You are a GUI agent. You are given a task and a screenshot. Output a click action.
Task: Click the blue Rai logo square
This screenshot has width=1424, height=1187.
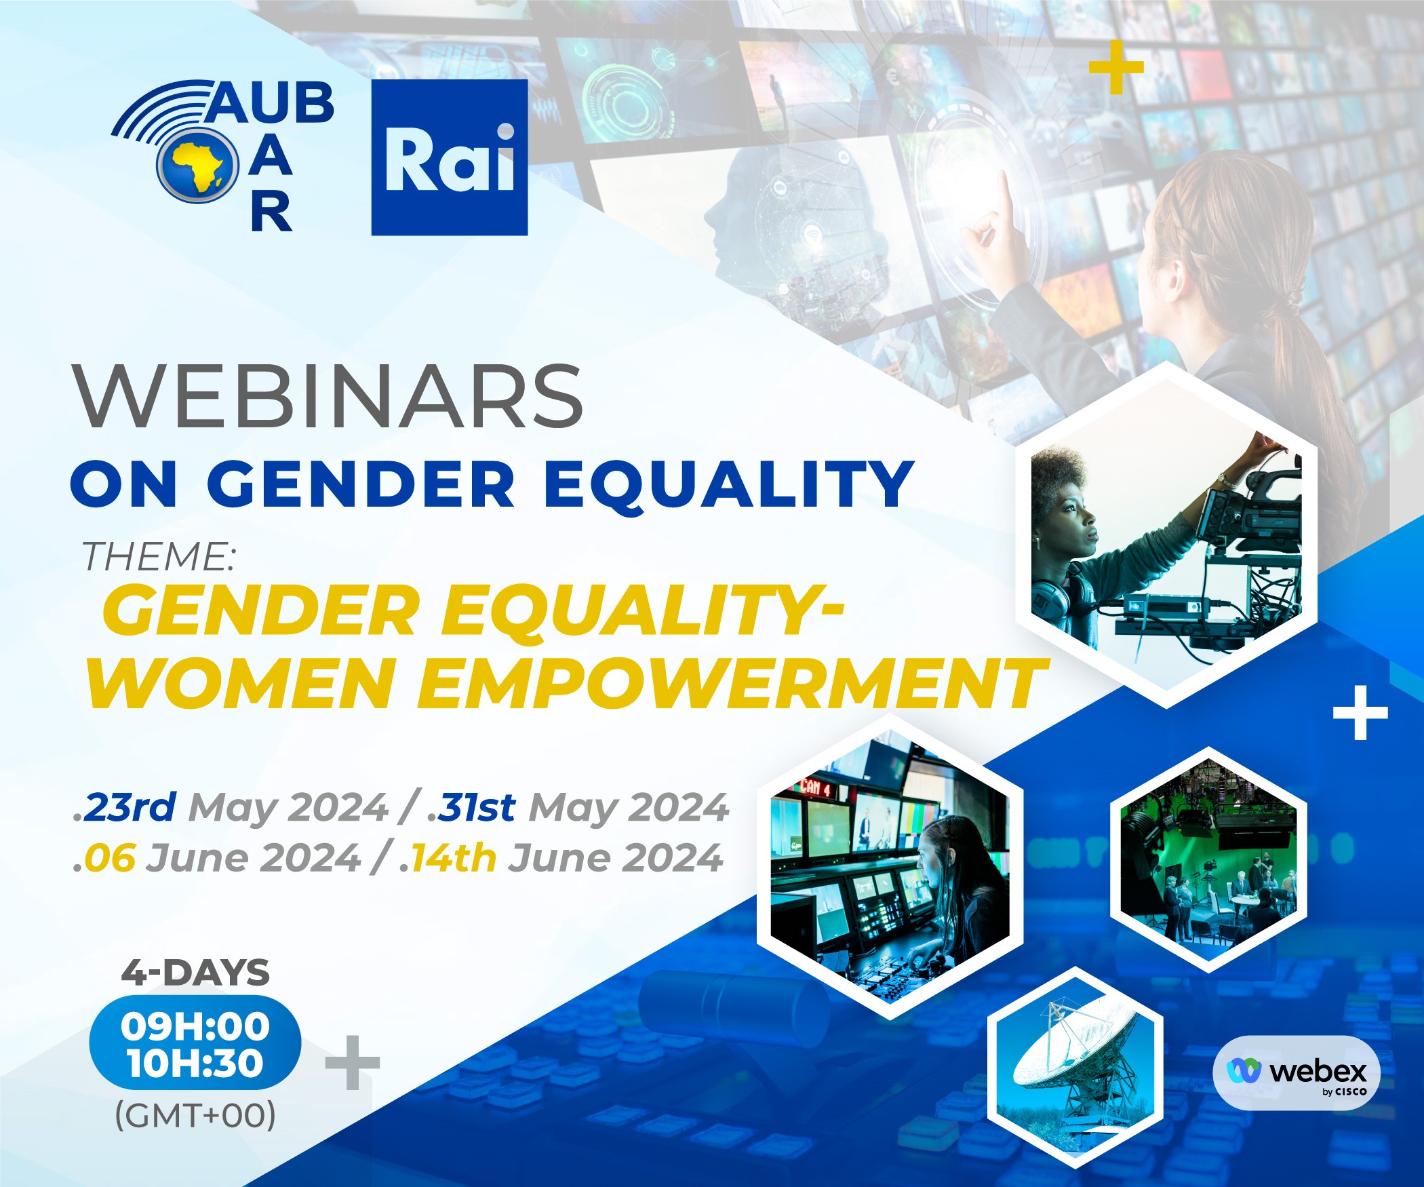(450, 157)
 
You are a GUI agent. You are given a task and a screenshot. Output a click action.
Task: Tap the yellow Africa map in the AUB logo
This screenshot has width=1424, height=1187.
(198, 166)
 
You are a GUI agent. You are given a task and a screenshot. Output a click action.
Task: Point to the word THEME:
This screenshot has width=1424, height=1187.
(159, 557)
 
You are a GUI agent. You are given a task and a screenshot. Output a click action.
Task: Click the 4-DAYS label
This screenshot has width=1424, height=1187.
(195, 973)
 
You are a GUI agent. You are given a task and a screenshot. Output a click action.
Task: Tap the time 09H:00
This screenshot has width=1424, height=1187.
(195, 1026)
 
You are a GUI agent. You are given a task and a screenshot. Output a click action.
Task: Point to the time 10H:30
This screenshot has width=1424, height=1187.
(195, 1062)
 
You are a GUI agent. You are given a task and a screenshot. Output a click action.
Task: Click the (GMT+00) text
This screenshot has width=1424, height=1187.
(195, 1114)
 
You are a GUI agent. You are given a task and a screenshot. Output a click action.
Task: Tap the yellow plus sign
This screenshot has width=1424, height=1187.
(1116, 67)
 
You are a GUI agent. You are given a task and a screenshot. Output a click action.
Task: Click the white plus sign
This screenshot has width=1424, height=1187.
(1360, 713)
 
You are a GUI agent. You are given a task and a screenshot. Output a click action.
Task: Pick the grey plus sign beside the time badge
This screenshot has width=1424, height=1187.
(353, 1062)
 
